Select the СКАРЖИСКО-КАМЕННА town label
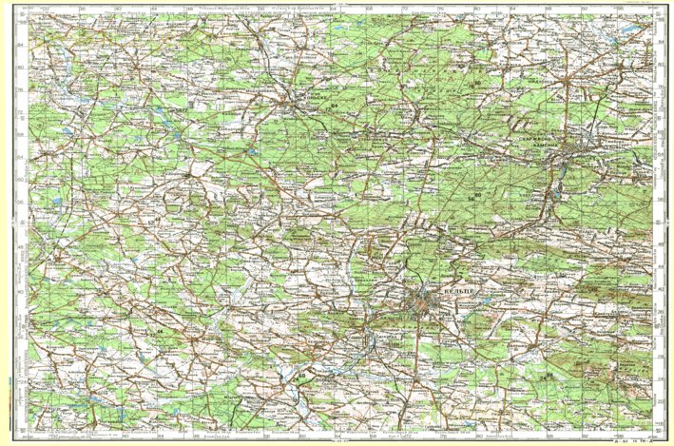[x=539, y=139]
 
